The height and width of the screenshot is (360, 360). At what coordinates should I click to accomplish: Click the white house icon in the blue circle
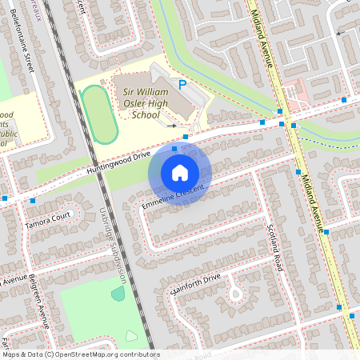point(180,172)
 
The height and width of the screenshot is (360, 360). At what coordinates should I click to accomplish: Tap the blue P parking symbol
point(182,83)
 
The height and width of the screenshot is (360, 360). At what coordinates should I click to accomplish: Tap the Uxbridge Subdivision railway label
point(113,249)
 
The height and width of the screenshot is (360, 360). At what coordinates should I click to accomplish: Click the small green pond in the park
point(118,294)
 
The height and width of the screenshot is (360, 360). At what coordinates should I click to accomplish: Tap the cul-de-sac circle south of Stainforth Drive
point(235,294)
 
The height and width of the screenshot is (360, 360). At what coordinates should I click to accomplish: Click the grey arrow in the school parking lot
point(170,125)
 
